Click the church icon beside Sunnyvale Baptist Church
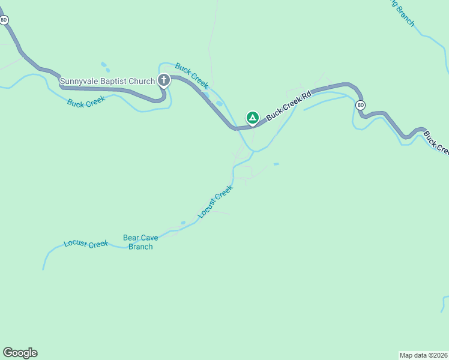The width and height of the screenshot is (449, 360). point(163,80)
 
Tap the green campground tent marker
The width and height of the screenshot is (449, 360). point(253,117)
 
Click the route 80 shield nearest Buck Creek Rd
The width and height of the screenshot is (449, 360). point(360,105)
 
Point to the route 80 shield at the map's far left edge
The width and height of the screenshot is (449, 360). point(5,20)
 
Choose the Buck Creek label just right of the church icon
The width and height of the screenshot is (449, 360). point(192,76)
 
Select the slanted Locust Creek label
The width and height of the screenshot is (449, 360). point(215,202)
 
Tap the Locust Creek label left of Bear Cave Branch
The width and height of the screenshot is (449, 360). point(86,244)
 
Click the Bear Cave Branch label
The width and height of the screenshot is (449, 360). point(140,242)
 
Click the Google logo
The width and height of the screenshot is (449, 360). point(20,353)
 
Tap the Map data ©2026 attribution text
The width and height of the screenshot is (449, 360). point(423,355)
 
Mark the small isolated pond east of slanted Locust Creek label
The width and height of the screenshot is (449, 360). point(276,164)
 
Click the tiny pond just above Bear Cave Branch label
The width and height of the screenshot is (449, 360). point(183,223)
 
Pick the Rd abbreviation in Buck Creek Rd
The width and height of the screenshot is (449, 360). point(307,95)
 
